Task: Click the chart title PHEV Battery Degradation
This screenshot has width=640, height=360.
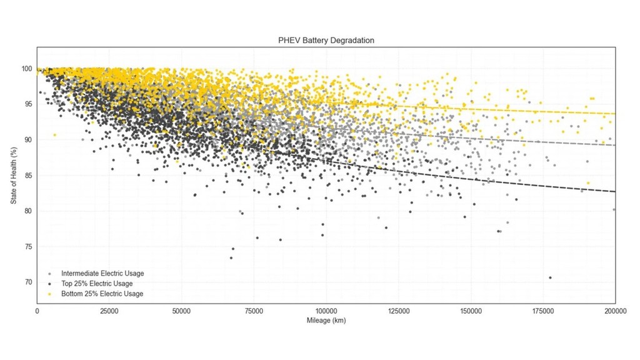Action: pyautogui.click(x=326, y=40)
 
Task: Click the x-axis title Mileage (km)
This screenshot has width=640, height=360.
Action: pyautogui.click(x=326, y=321)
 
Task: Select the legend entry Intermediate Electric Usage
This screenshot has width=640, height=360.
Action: pyautogui.click(x=102, y=273)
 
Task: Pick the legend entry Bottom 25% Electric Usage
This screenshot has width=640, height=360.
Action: pyautogui.click(x=102, y=293)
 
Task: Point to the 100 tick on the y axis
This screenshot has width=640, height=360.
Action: pyautogui.click(x=27, y=68)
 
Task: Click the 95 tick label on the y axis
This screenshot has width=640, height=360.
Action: pyautogui.click(x=28, y=104)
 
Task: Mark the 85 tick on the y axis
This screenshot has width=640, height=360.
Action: pyautogui.click(x=28, y=175)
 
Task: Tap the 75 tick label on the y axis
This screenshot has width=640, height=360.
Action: pyautogui.click(x=28, y=246)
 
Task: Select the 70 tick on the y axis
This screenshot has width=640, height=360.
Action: pyautogui.click(x=28, y=282)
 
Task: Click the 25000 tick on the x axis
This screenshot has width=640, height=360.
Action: pyautogui.click(x=109, y=311)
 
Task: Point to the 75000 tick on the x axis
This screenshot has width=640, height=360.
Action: pyautogui.click(x=254, y=311)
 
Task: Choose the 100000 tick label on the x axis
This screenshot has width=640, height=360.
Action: pyautogui.click(x=326, y=311)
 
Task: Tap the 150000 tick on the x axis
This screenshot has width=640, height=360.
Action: pyautogui.click(x=470, y=311)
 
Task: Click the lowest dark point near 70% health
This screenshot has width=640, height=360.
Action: pyautogui.click(x=550, y=277)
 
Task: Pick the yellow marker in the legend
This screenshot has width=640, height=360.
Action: pyautogui.click(x=49, y=294)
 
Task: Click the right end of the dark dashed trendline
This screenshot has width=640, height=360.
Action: pyautogui.click(x=615, y=191)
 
